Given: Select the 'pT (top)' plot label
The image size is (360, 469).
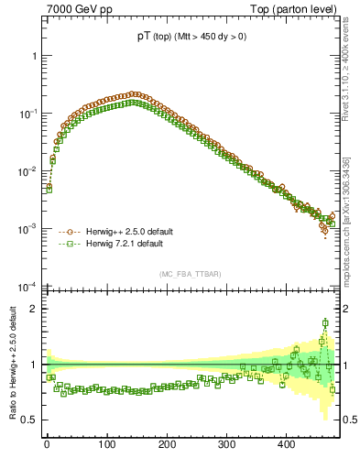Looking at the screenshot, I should [x=188, y=36].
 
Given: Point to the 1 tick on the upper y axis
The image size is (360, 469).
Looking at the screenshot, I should [x=34, y=55].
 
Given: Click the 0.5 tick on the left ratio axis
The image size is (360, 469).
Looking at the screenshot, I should [x=28, y=420].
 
